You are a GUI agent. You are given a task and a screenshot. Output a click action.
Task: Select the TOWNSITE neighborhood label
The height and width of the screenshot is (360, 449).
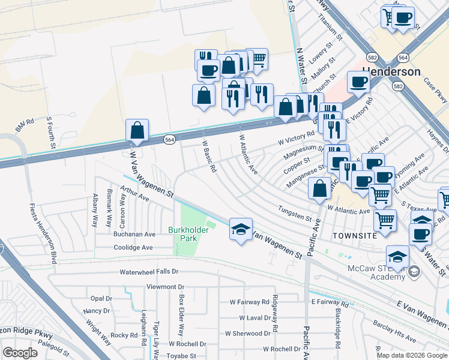click(x=357, y=236)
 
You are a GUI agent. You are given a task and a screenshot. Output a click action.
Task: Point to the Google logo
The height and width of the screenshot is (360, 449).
click(x=20, y=353)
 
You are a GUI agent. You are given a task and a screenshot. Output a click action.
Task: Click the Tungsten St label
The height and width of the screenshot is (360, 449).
click(x=295, y=213)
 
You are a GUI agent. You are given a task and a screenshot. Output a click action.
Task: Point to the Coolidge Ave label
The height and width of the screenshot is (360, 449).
click(x=132, y=247)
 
